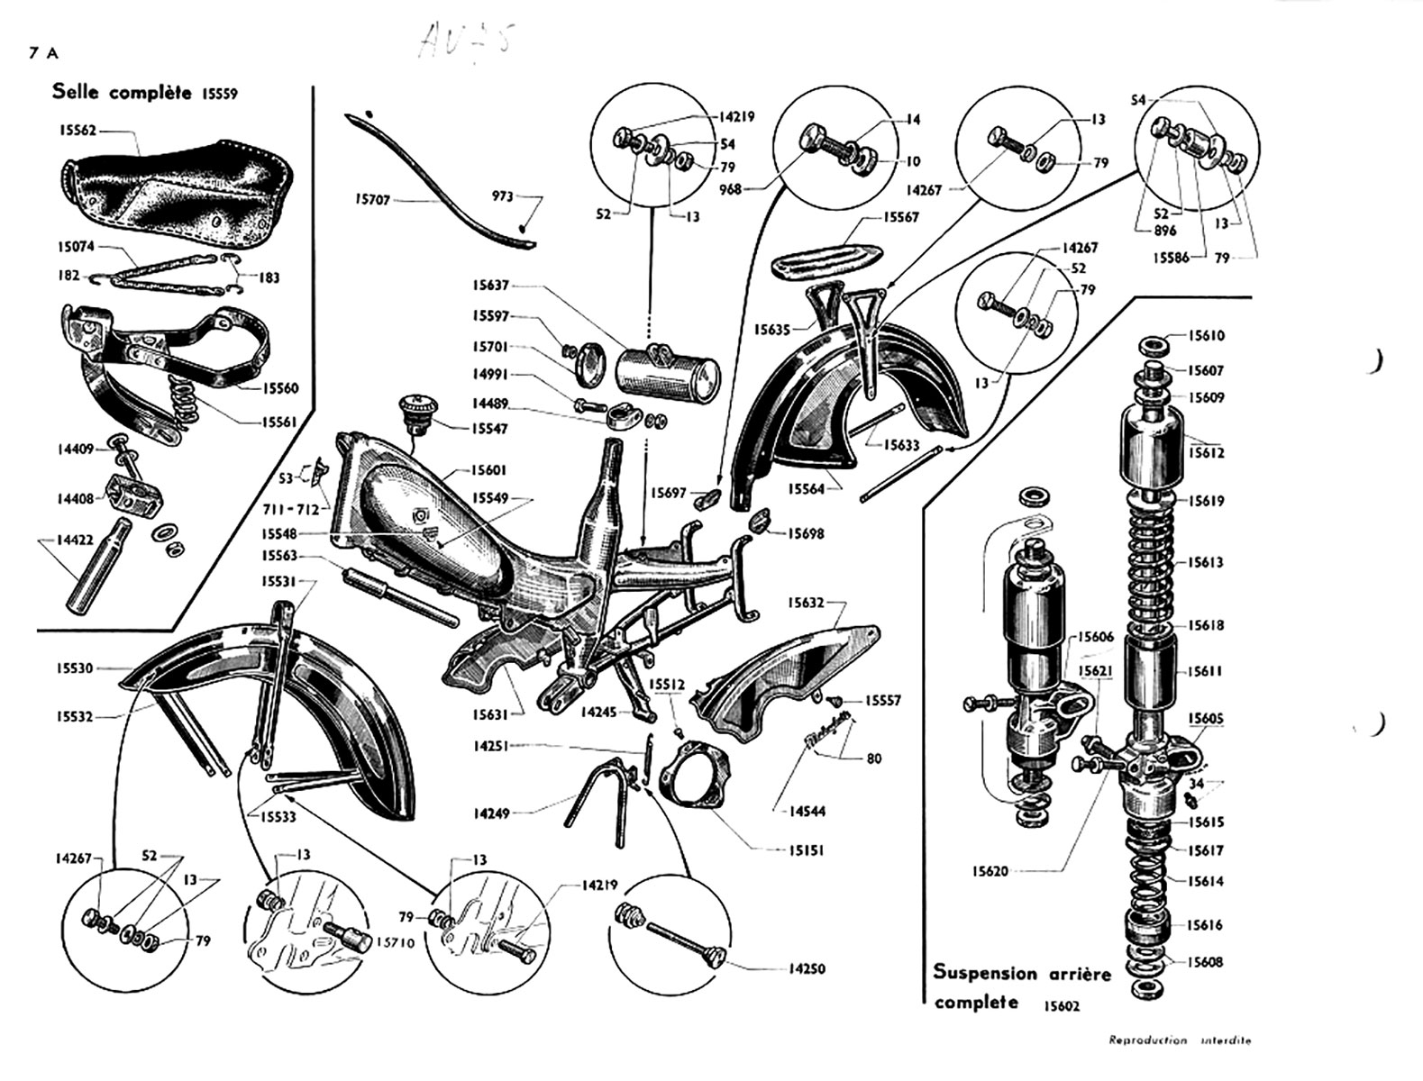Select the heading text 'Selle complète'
click(x=122, y=92)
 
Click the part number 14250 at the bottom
click(x=807, y=969)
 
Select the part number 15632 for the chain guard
click(x=807, y=603)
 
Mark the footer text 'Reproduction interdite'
click(x=1180, y=1040)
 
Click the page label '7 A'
click(x=42, y=53)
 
